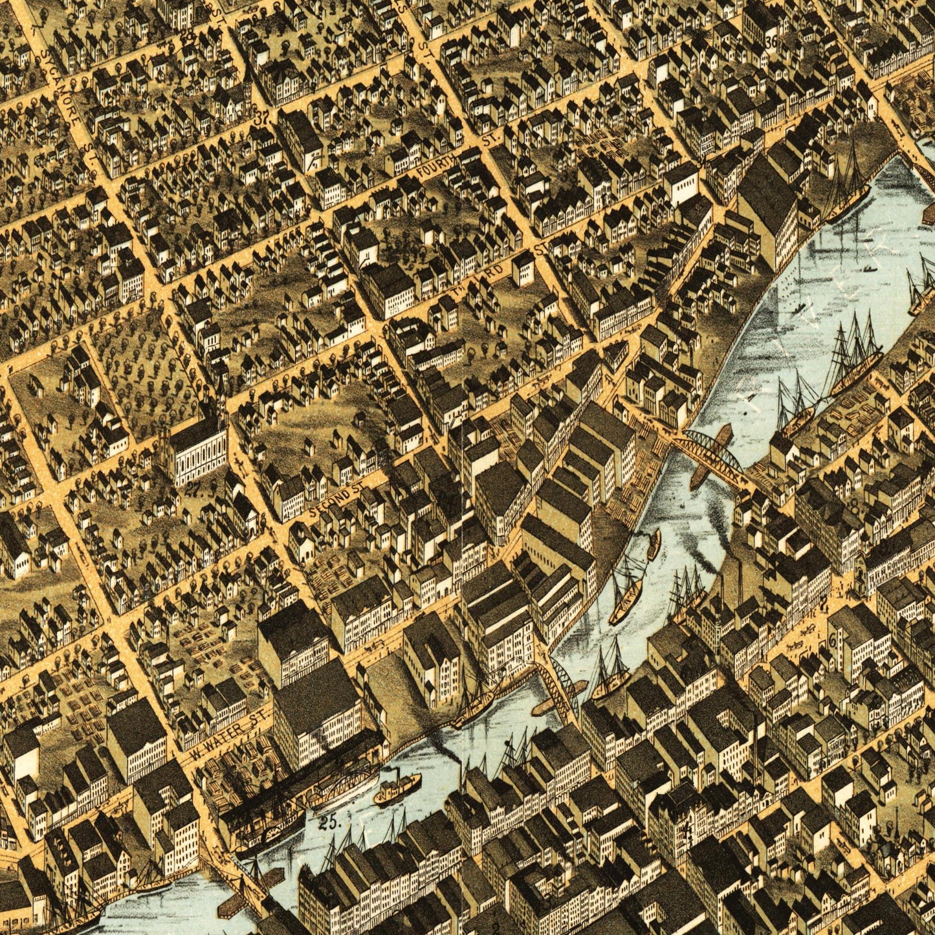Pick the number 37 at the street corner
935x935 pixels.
click(x=262, y=118)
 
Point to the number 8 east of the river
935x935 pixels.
click(x=855, y=507)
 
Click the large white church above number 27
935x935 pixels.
click(x=197, y=446)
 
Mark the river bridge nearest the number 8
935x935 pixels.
click(x=709, y=456)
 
